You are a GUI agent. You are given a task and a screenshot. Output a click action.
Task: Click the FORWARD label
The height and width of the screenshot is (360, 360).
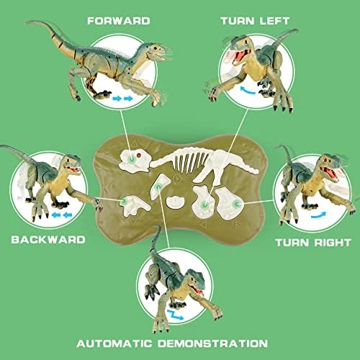[x=119, y=21]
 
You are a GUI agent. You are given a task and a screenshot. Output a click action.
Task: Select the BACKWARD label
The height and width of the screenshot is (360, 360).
[x=48, y=240]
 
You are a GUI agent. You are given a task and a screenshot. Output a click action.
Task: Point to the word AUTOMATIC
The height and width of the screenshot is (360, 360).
[x=114, y=343]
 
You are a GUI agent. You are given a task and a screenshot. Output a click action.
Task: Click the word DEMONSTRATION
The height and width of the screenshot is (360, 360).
[x=212, y=343]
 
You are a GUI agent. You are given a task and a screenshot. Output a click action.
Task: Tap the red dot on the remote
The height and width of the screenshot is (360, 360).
[x=138, y=156]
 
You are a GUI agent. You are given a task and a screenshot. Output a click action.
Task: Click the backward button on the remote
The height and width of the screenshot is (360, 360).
[x=124, y=201]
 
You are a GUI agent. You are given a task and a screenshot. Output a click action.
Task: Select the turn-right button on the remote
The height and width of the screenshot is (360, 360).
[x=235, y=204]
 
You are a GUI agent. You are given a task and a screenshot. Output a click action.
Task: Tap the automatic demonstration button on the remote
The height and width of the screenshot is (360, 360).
[x=158, y=187]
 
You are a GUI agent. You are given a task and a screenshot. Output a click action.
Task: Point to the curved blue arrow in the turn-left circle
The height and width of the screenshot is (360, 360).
[x=248, y=91]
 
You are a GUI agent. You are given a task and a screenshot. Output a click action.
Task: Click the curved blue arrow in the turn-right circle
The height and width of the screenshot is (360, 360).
[x=318, y=215]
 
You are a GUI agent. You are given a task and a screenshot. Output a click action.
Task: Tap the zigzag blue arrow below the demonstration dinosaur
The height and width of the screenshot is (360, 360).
[x=176, y=315]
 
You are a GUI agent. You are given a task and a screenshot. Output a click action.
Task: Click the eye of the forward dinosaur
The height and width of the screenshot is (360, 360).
[x=156, y=48]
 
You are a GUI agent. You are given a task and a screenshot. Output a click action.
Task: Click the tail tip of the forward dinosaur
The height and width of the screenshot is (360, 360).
[x=26, y=23]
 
